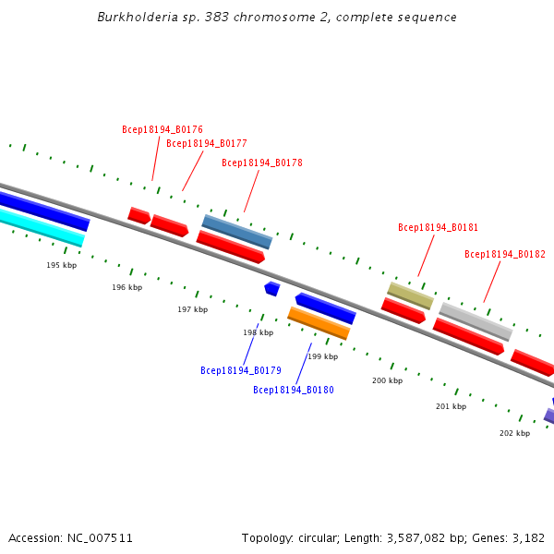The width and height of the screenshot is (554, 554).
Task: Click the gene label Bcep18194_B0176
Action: click(163, 130)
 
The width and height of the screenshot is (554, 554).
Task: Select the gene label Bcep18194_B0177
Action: click(207, 144)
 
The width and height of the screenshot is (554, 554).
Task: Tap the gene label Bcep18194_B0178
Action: click(262, 163)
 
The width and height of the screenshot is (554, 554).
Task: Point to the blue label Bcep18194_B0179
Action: click(241, 371)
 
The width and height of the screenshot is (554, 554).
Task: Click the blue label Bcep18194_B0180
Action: click(294, 391)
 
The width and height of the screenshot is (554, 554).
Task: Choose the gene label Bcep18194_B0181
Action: click(439, 227)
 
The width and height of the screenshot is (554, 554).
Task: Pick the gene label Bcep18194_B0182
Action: click(505, 255)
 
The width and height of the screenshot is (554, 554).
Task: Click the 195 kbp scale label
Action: click(62, 266)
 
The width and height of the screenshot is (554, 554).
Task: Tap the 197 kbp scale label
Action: click(193, 310)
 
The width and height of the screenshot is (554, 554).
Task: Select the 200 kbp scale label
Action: click(388, 380)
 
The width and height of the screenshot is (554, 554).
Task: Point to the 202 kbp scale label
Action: click(515, 433)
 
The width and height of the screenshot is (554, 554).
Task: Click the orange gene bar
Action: click(319, 323)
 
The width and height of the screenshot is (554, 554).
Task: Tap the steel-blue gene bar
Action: click(237, 232)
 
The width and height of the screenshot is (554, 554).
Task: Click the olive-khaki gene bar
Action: click(410, 295)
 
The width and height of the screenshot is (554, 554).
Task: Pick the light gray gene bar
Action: click(476, 320)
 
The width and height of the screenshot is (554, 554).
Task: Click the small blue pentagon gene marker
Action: click(271, 289)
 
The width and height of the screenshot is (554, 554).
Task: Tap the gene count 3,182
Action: click(527, 537)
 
